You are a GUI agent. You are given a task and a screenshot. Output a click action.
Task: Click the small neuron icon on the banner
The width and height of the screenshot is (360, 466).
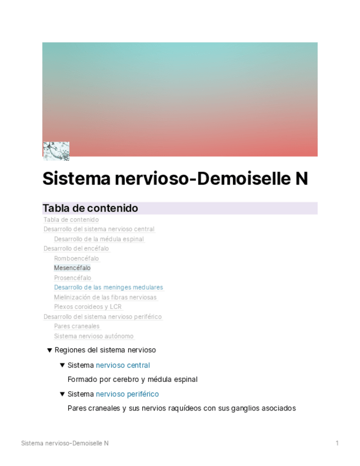56,151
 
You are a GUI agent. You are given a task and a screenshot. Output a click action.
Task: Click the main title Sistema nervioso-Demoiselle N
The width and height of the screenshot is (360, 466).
175,179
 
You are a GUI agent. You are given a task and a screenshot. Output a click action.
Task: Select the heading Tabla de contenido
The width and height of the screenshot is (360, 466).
90,208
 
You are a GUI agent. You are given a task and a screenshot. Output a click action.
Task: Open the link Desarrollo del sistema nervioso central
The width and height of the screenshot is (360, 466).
99,229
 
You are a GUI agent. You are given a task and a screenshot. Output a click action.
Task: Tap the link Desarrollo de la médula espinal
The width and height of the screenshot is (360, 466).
99,239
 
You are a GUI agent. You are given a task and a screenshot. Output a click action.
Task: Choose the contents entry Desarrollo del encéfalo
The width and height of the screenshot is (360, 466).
76,248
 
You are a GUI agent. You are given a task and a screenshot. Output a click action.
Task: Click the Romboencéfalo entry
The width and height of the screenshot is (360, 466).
76,258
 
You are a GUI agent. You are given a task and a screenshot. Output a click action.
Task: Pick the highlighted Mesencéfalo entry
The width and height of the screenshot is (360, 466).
72,268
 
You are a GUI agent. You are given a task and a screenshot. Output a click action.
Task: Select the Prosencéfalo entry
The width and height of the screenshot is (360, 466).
73,278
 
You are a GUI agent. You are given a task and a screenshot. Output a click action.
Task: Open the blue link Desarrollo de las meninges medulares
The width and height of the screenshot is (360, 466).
108,287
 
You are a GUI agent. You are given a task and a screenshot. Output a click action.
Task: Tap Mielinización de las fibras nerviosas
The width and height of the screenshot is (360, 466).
105,297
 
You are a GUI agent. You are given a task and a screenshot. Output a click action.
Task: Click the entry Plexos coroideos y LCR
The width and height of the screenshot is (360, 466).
88,307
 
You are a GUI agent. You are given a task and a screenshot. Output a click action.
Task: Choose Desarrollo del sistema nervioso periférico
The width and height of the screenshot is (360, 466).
103,317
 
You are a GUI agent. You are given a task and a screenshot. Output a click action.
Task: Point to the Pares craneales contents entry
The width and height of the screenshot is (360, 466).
76,326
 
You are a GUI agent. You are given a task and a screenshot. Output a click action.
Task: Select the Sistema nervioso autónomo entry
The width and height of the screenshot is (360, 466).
93,336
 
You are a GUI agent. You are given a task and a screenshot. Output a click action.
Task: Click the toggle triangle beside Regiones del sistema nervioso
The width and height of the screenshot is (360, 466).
49,350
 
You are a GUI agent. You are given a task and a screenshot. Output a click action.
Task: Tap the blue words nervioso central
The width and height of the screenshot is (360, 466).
123,365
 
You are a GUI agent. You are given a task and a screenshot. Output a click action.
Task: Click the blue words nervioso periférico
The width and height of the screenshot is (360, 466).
127,394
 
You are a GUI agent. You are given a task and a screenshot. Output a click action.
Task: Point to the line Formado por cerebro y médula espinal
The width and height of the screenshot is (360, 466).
132,379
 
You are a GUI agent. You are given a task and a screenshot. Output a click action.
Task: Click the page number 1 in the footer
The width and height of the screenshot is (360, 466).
337,443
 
